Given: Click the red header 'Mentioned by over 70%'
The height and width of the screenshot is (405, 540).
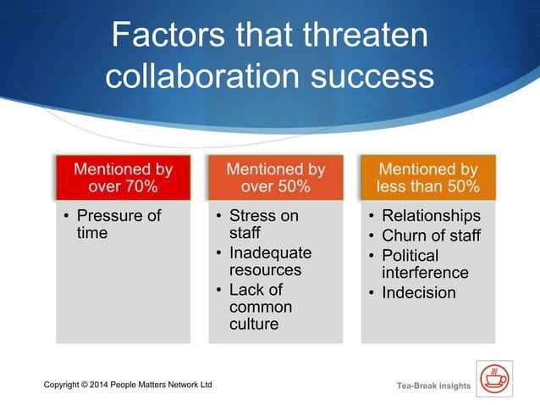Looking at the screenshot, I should pyautogui.click(x=124, y=178).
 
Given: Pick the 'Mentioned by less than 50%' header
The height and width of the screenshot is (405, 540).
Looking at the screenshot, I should pyautogui.click(x=428, y=178).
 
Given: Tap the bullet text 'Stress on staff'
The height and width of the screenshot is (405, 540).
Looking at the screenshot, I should pyautogui.click(x=263, y=224).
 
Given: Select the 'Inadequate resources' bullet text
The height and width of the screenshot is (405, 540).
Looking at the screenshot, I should pyautogui.click(x=270, y=261).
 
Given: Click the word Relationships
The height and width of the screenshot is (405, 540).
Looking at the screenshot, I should pyautogui.click(x=431, y=216).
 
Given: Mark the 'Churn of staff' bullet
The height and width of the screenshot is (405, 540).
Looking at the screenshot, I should pyautogui.click(x=431, y=236).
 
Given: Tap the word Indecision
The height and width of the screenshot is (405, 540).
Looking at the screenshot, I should pyautogui.click(x=419, y=293).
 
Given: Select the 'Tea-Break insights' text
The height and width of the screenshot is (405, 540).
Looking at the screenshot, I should pyautogui.click(x=433, y=386).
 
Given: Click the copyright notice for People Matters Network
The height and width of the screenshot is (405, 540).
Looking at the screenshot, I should pyautogui.click(x=128, y=386).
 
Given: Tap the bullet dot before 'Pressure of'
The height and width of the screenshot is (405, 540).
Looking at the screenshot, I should pyautogui.click(x=67, y=216).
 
